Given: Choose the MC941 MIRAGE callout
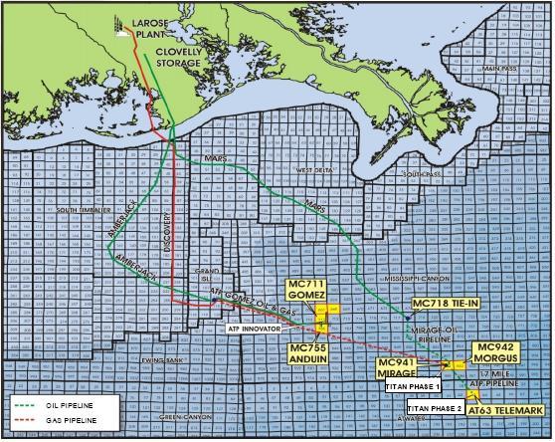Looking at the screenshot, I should (x=402, y=366).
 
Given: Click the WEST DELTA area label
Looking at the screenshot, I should (x=311, y=171).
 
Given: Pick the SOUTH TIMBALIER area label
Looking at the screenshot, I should (x=81, y=210).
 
